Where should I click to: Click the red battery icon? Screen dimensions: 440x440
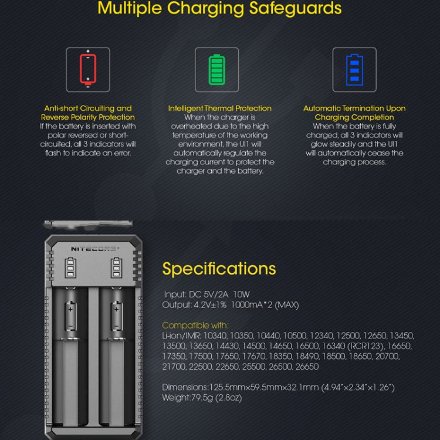tap(87, 69)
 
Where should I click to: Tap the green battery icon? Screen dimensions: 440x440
tap(216, 69)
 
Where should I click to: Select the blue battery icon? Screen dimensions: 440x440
tap(354, 69)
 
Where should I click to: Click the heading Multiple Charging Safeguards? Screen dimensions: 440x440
tap(219, 9)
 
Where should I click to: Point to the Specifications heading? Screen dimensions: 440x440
tap(219, 269)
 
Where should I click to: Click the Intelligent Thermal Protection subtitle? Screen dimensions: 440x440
tap(220, 109)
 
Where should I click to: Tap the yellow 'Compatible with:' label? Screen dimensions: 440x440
tap(195, 325)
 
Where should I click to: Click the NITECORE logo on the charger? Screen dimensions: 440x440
tap(94, 248)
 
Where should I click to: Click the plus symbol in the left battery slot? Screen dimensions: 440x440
tap(70, 308)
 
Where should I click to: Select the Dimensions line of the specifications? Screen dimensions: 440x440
tap(278, 387)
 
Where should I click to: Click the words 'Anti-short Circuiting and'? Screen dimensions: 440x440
tap(88, 109)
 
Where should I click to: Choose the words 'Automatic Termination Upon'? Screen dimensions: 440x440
tap(354, 109)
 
